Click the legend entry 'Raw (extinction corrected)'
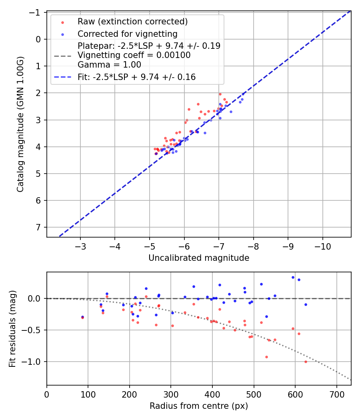coord(132,21)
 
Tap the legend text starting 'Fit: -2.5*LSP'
coord(136,77)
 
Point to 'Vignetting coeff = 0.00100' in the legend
coord(134,55)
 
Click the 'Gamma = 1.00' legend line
coord(109,64)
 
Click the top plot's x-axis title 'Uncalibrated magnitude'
coord(199,258)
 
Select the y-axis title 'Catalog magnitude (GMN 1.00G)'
coord(20,124)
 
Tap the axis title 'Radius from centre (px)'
coord(199,406)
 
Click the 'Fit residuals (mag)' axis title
coord(12,328)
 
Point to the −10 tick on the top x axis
coord(322,246)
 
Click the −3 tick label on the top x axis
coord(80,246)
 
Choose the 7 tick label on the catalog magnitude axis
coord(38,227)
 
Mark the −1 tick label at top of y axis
coord(36,12)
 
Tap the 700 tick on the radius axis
coord(336,394)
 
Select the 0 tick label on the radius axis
coord(47,394)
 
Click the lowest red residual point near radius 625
coord(306,362)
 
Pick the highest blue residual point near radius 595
coord(293,277)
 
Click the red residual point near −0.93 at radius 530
coord(266,357)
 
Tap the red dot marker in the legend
coord(62,22)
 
